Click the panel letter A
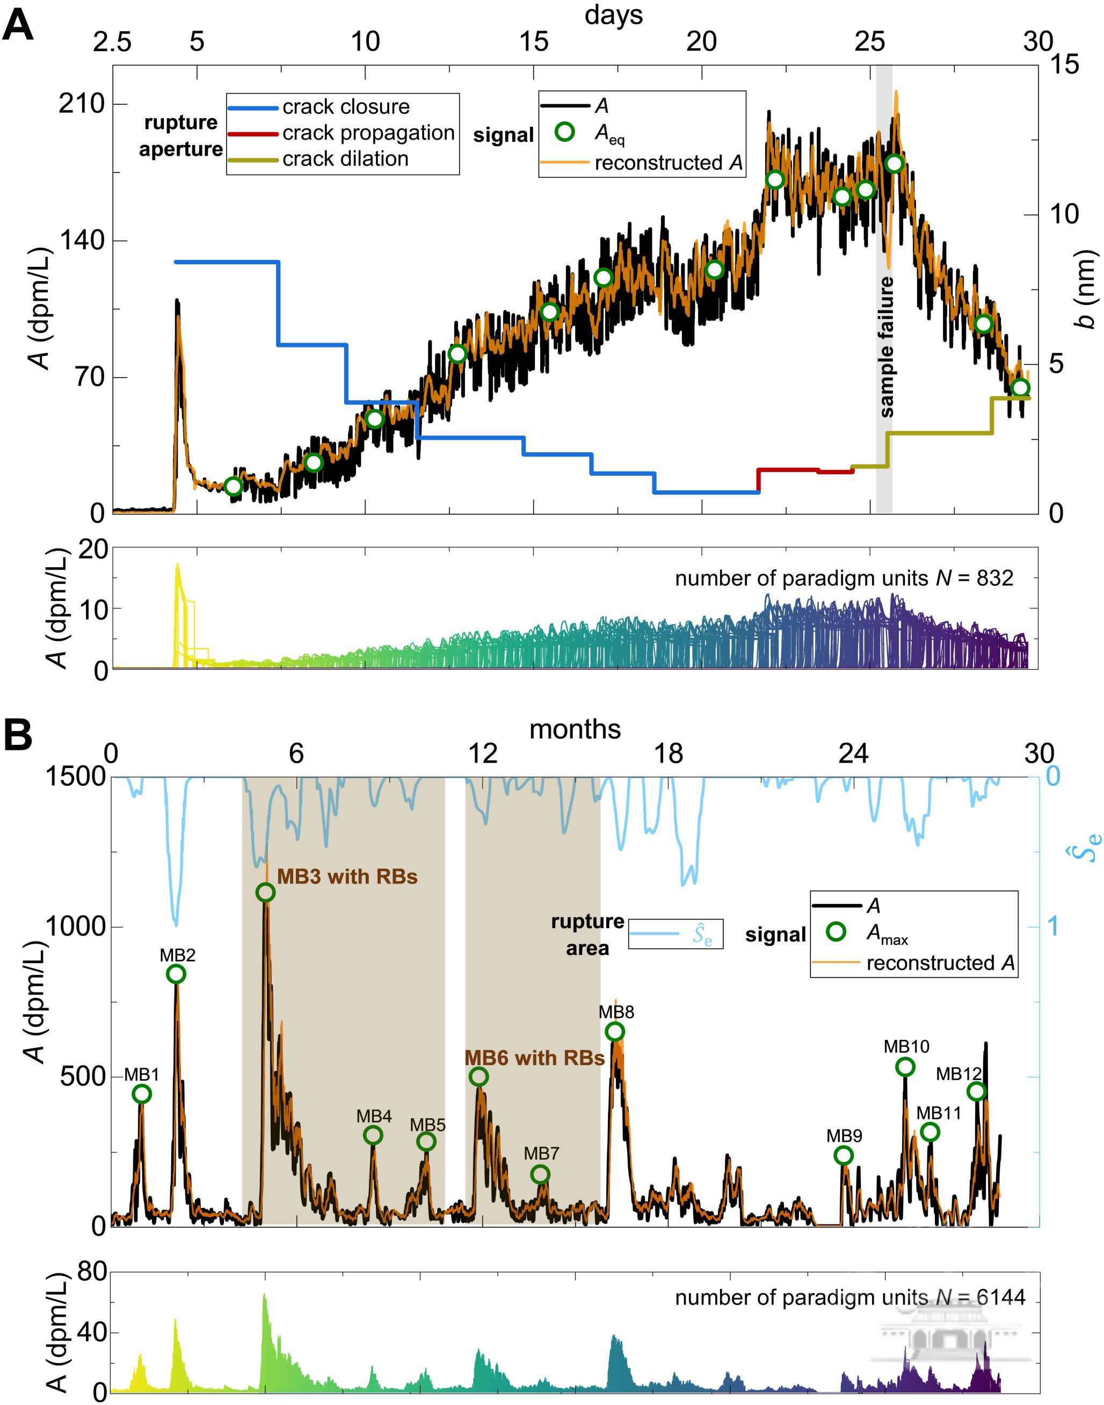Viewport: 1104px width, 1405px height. tap(18, 27)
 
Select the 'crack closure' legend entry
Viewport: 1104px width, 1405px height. tap(345, 107)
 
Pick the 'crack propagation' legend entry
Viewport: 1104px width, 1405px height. tap(368, 133)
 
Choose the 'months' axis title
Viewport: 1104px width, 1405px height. tap(575, 729)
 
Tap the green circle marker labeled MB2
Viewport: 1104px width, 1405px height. tap(176, 974)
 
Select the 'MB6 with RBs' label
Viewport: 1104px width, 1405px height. tap(534, 1058)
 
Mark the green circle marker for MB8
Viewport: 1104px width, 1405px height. tap(615, 1031)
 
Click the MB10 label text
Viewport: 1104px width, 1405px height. tap(906, 1046)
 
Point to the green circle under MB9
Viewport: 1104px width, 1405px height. tap(844, 1155)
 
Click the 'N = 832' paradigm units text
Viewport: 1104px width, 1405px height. tap(844, 577)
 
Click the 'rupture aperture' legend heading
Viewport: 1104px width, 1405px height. tap(180, 136)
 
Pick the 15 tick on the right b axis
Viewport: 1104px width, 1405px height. tap(1065, 64)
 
